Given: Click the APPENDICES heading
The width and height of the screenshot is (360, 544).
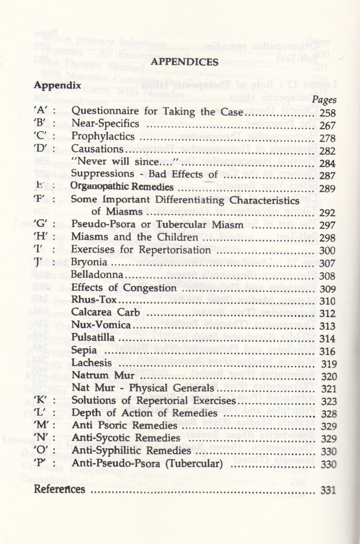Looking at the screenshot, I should (x=184, y=62).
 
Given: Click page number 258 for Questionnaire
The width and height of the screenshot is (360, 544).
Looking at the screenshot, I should (x=327, y=113).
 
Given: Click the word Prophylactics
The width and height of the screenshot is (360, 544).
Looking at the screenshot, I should (x=103, y=136).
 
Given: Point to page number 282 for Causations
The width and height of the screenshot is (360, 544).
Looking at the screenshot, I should (x=327, y=151).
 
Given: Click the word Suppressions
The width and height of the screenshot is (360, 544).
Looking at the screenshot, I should (x=103, y=174).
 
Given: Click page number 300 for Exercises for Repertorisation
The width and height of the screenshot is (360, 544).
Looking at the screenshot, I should (x=327, y=250).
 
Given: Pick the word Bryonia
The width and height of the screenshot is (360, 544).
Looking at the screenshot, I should (x=89, y=262).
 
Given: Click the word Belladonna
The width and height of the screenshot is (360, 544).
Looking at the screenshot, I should (x=97, y=275).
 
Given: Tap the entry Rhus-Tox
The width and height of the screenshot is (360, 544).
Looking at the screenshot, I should (x=89, y=300).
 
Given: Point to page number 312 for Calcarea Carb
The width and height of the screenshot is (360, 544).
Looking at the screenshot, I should (x=327, y=313).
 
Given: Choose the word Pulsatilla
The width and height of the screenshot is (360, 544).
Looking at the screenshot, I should (x=93, y=337).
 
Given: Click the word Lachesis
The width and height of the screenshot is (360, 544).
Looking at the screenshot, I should (x=92, y=363).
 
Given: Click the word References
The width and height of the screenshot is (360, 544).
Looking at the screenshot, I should (x=60, y=489).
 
